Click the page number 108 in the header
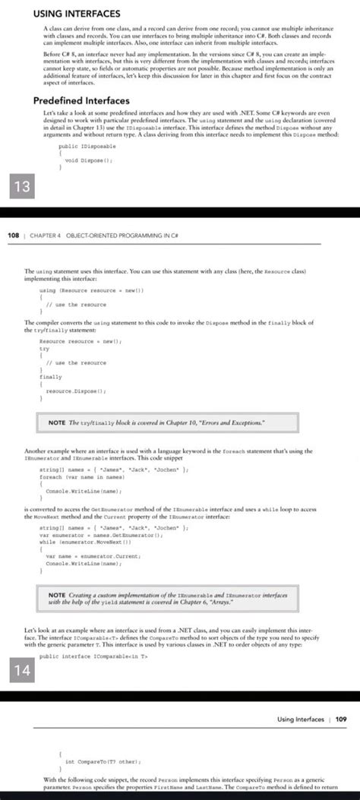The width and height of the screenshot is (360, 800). (13, 235)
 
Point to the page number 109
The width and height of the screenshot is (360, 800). (340, 718)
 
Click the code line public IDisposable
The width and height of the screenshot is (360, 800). (87, 146)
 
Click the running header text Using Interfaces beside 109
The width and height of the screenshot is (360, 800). (299, 718)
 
